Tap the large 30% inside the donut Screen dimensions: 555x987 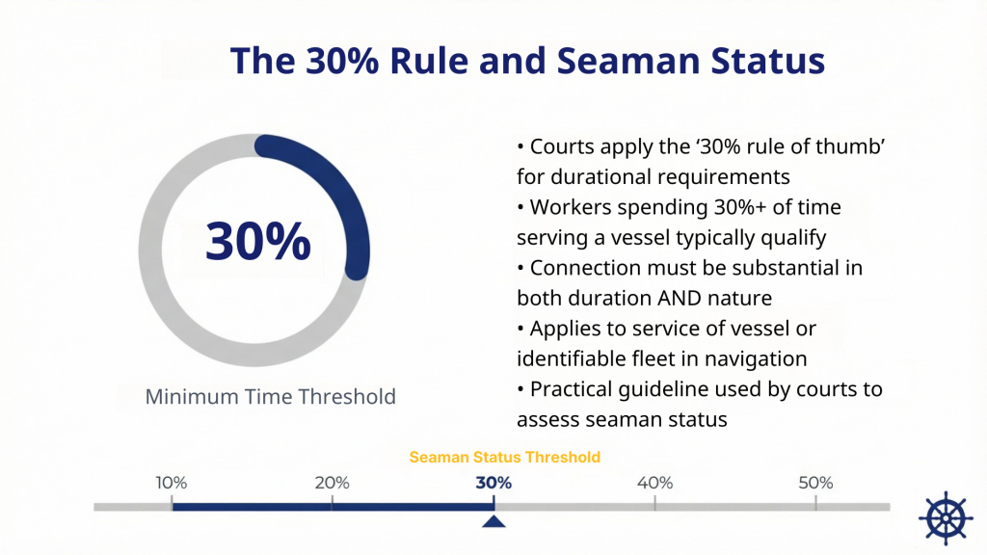tap(258, 241)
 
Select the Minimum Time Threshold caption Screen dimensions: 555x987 tap(270, 396)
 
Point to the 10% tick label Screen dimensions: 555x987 tap(171, 483)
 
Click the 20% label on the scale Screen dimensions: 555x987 tap(332, 483)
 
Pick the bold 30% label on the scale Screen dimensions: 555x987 tap(493, 483)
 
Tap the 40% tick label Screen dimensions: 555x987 tap(654, 483)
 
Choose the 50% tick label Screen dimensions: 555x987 tap(815, 483)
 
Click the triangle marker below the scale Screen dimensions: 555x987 tap(493, 522)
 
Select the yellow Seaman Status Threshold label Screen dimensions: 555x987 tap(505, 457)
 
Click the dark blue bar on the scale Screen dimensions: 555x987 tap(332, 506)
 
